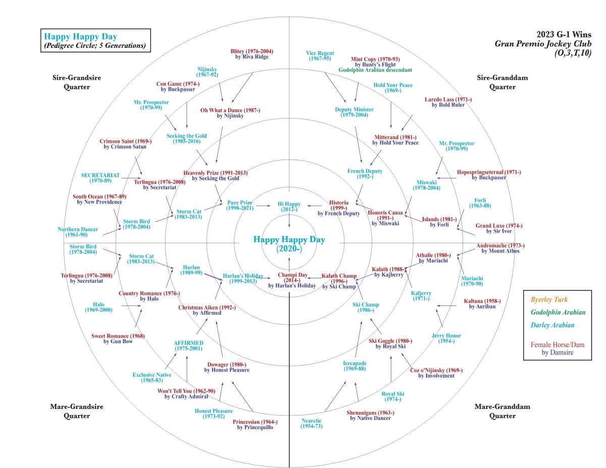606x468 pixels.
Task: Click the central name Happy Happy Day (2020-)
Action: [289, 244]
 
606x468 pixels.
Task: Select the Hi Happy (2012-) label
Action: [289, 206]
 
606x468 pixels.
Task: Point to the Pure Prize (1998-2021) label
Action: [239, 205]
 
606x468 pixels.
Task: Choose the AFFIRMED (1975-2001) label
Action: [188, 345]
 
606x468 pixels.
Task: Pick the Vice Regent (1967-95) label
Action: [320, 56]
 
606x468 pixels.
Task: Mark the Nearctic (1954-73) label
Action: [311, 423]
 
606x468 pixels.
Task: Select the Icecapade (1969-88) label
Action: [355, 367]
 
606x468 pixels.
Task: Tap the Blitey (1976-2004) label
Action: [251, 54]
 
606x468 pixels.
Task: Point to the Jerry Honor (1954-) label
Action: [446, 338]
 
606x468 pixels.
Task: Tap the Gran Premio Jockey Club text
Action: [543, 44]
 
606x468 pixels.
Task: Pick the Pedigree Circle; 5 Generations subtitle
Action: [95, 46]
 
